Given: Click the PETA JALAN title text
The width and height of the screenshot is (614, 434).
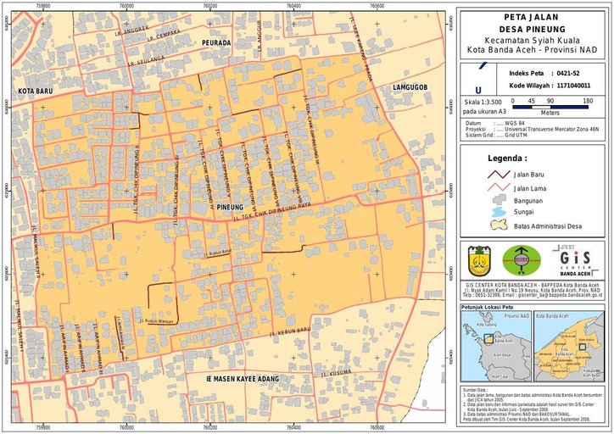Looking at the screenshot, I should point(533,17).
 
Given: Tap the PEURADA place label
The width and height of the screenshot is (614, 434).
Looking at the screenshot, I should point(215,42).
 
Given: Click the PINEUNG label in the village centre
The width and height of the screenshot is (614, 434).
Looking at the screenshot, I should point(230,206).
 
